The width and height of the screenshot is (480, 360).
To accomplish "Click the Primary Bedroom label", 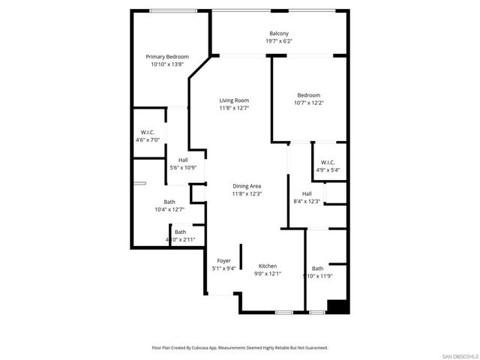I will [166, 56].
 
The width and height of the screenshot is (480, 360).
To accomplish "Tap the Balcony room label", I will [279, 33].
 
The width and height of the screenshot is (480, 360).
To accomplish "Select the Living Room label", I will [234, 100].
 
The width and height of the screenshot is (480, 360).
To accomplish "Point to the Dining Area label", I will [247, 186].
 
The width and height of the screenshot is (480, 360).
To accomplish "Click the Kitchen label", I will [268, 266].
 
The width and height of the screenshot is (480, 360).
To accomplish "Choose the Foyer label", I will [224, 260].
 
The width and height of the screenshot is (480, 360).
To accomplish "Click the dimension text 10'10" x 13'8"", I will [166, 64].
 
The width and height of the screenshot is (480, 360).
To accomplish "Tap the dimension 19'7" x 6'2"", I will [279, 41].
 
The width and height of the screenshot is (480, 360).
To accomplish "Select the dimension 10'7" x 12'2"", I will [308, 103].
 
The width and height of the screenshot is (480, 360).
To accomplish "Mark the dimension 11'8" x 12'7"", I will [234, 108].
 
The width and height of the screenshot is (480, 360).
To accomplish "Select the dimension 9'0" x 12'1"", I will [268, 274].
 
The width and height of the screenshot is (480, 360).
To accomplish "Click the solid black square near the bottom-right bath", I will [338, 307].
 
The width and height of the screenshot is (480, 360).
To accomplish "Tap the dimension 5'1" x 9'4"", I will [224, 268].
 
